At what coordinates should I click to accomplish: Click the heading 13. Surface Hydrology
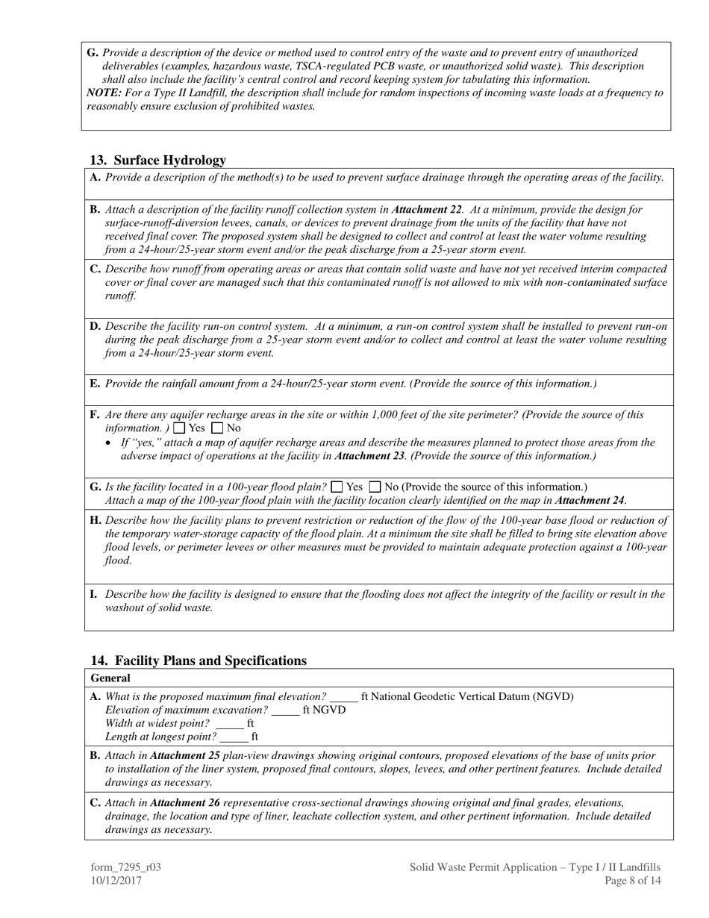(157, 160)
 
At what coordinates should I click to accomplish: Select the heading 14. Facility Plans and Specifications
(199, 661)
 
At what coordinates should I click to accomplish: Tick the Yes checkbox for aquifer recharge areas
(179, 428)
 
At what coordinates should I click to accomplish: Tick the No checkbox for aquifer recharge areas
(218, 428)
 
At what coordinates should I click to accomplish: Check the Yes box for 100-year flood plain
(337, 487)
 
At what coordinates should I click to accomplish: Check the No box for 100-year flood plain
(375, 487)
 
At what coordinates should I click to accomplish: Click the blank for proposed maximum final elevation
(344, 697)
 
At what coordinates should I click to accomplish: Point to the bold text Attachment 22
(426, 210)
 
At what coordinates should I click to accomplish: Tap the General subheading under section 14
(110, 678)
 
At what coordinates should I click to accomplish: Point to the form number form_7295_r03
(126, 867)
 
